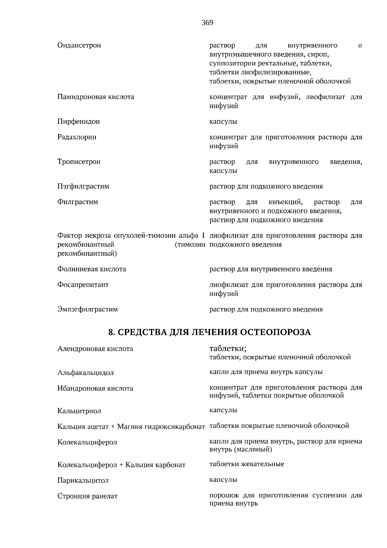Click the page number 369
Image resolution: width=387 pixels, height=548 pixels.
207,23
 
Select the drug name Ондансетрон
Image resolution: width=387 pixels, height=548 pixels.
79,46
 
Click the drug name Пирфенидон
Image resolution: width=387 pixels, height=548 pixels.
78,122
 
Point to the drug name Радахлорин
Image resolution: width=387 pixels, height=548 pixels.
77,137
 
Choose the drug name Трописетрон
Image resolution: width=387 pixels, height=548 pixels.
79,162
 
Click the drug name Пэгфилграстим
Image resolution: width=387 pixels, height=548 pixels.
83,186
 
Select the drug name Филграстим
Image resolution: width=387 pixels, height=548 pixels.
78,202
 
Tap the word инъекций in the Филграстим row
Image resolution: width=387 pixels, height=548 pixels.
285,202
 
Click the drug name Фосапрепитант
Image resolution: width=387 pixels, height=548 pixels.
83,285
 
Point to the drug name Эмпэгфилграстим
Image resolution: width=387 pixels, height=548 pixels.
87,309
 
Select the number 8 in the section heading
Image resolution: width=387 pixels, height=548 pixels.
110,332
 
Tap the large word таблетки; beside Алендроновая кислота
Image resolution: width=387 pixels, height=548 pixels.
228,348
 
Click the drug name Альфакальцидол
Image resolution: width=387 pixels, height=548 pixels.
85,373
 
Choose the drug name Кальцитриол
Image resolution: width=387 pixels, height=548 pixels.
79,411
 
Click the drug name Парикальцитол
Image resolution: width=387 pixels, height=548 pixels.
83,481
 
